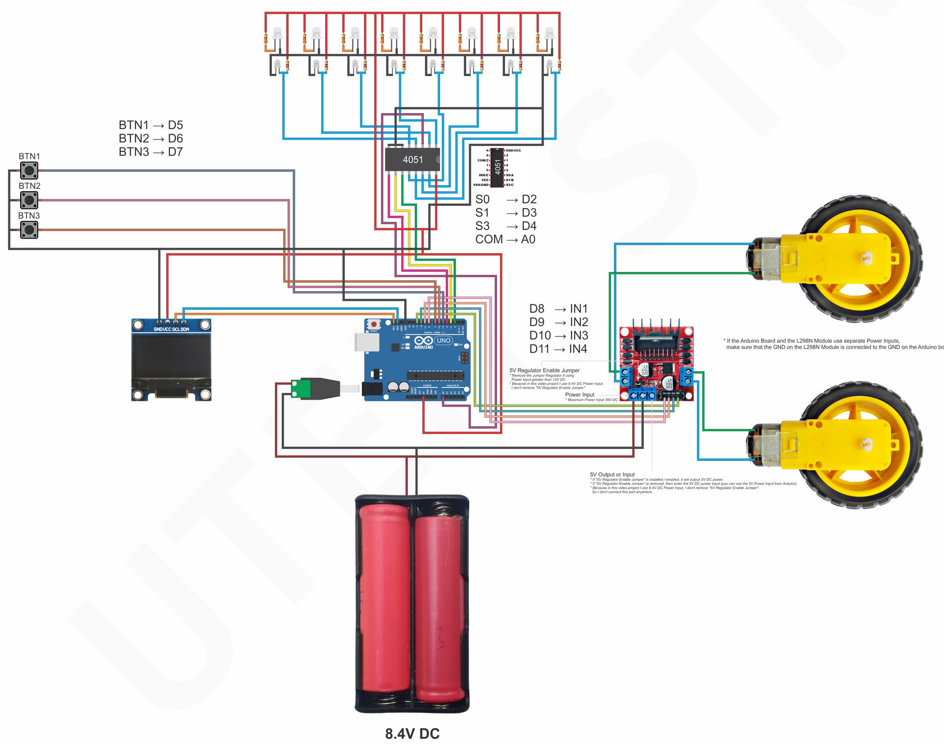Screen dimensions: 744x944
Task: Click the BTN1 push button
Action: (x=29, y=171)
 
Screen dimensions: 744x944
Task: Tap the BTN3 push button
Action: (x=29, y=230)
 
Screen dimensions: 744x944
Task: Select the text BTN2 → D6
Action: (x=150, y=138)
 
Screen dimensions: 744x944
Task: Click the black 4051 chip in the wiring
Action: (x=412, y=159)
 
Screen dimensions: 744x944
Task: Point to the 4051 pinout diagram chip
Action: (x=498, y=167)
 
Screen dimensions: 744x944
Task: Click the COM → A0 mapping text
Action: (x=505, y=239)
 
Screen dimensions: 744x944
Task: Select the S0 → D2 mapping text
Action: (x=505, y=199)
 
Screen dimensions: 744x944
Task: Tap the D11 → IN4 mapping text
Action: (x=558, y=349)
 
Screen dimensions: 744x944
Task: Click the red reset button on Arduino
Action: (x=374, y=324)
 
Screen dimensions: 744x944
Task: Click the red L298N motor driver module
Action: (x=656, y=362)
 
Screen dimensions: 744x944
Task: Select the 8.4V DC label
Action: (x=412, y=734)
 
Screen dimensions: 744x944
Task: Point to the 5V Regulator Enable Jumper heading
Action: (x=544, y=370)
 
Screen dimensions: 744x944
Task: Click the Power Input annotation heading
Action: (x=580, y=394)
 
